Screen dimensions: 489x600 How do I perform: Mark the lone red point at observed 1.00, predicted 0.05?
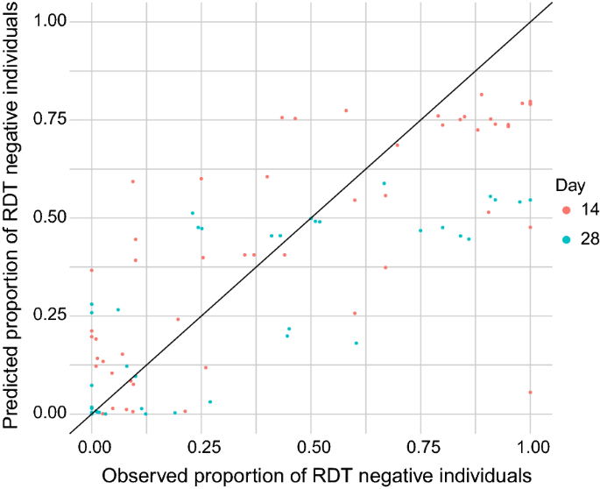pyautogui.click(x=530, y=392)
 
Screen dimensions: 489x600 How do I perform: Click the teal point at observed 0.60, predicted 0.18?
pyautogui.click(x=356, y=343)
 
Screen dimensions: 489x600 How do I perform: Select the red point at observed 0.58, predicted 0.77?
pyautogui.click(x=346, y=110)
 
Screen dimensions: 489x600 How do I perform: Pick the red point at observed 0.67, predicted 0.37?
pyautogui.click(x=385, y=267)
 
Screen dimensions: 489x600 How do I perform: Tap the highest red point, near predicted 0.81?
pyautogui.click(x=481, y=95)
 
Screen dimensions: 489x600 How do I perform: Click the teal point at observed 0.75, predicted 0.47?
pyautogui.click(x=420, y=230)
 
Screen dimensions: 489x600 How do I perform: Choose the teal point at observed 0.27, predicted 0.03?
pyautogui.click(x=210, y=401)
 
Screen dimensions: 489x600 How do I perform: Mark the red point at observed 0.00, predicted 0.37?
pyautogui.click(x=92, y=270)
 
